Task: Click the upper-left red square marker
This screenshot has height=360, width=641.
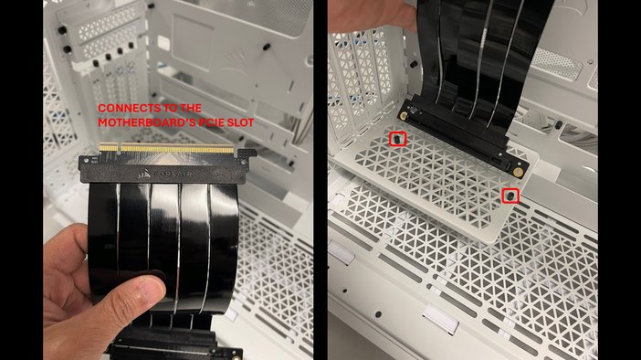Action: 398,139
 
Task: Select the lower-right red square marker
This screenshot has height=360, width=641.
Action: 511,196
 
